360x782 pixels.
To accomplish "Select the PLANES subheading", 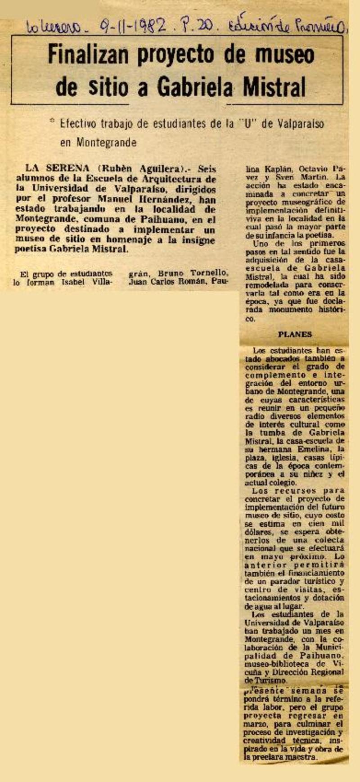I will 295,334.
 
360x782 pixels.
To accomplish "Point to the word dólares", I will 259,532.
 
